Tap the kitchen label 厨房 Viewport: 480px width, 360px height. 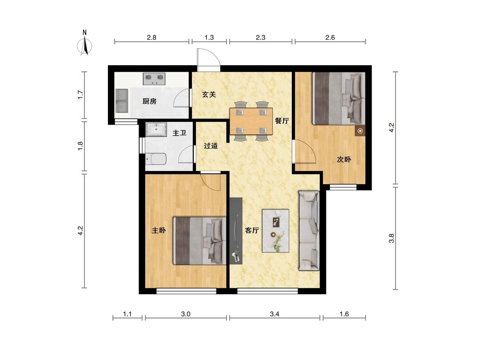coord(149,101)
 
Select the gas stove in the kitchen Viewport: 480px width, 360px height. coord(154,78)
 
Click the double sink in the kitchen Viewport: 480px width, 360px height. coord(122,101)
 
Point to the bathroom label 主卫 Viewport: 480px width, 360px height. coord(179,133)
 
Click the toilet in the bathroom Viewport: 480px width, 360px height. coord(156,159)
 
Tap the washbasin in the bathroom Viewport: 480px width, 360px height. coord(156,129)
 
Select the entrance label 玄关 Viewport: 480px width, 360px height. coord(209,94)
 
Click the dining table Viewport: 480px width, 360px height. coord(251,121)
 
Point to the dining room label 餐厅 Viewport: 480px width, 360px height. coord(282,121)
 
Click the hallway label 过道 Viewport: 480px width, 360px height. coord(211,146)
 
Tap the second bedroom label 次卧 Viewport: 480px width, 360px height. coord(344,159)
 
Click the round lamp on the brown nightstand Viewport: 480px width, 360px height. coord(360,131)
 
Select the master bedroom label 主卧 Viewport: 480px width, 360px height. coord(159,230)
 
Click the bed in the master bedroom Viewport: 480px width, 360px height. coord(200,241)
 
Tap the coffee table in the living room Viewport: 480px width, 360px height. coord(276,231)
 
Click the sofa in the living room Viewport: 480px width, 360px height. coord(309,231)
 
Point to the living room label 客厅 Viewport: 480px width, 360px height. coord(252,230)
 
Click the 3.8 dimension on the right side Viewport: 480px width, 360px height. coord(392,238)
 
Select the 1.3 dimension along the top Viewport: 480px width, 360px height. coord(209,38)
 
